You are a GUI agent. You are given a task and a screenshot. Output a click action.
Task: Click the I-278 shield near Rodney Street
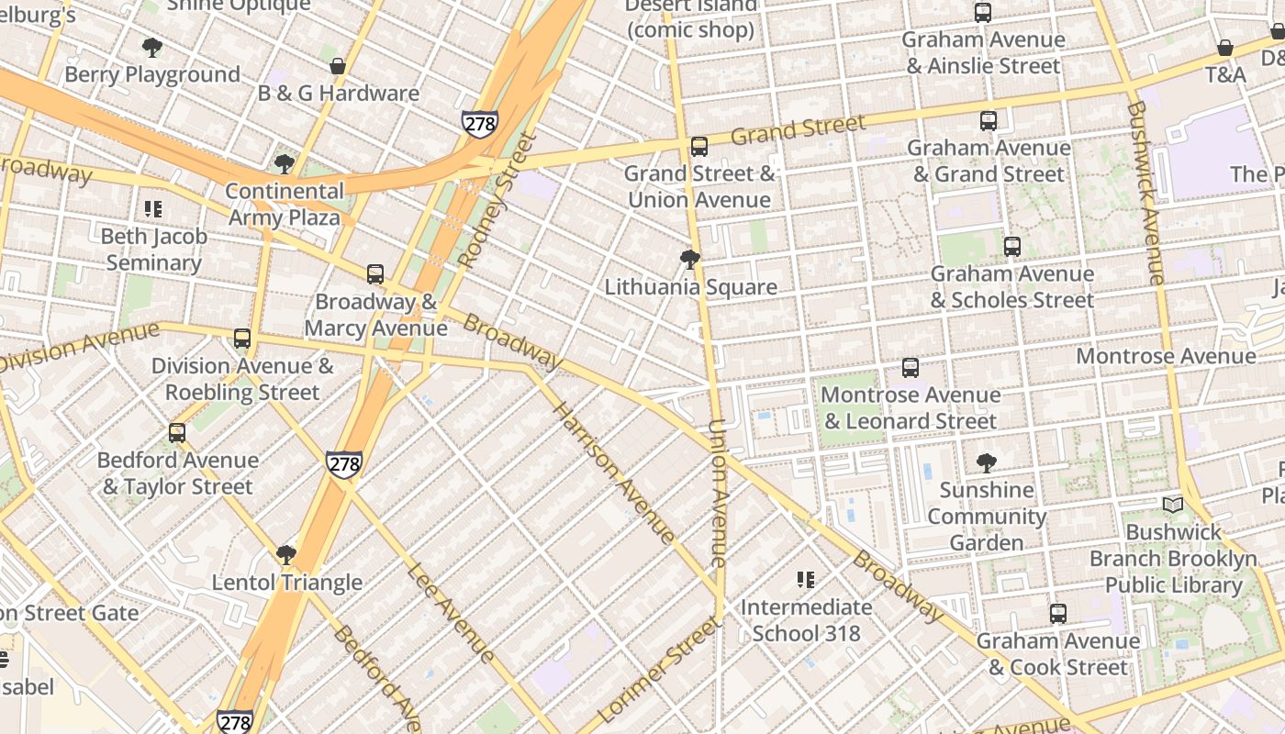480,123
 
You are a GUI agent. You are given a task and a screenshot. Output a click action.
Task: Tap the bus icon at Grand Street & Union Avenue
699,146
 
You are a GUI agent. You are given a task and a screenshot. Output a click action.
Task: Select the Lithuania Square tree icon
690,260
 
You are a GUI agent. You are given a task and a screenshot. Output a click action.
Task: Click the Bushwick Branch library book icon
1173,505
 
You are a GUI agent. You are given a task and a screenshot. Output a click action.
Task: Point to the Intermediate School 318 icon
806,579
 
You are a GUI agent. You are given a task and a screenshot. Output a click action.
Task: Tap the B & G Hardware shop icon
338,66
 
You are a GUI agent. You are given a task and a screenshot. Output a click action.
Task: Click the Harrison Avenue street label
613,473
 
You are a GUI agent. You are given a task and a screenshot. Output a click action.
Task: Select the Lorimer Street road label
658,670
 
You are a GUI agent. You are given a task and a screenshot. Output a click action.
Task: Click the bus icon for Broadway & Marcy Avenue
374,273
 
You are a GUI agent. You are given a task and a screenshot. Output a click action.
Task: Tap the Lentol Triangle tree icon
286,554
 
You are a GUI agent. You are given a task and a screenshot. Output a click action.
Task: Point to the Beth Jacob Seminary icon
153,209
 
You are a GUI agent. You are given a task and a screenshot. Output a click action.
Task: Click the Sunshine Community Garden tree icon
987,462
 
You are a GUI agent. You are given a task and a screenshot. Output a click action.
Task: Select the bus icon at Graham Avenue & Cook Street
1058,613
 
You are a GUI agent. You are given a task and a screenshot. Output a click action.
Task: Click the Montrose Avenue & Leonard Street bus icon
911,367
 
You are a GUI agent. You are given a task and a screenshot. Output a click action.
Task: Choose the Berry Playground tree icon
152,47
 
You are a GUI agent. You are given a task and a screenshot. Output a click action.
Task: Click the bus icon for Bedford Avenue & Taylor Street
177,432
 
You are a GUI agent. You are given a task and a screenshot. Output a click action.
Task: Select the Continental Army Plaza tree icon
285,164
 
